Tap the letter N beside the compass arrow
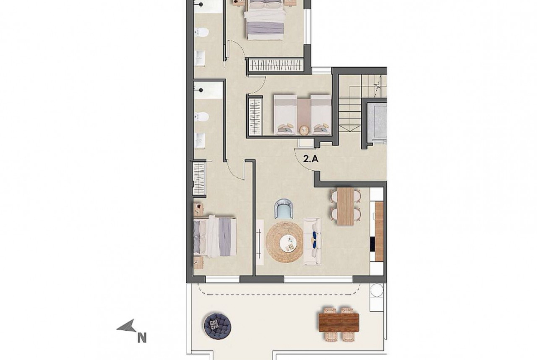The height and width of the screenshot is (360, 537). tap(142, 338)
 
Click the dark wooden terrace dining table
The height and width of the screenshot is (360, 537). tap(339, 323)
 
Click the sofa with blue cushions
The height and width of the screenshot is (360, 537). tap(313, 242)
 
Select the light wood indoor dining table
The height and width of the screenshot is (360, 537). tap(345, 206)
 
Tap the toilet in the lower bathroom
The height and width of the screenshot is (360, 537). tap(201, 117)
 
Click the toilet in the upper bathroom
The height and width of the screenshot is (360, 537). tap(201, 32)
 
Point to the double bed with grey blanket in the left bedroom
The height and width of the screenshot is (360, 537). tap(215, 236)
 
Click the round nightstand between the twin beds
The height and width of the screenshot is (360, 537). tap(303, 130)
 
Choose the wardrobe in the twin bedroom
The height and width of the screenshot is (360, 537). tap(255, 116)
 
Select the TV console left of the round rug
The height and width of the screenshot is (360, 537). tap(260, 242)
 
